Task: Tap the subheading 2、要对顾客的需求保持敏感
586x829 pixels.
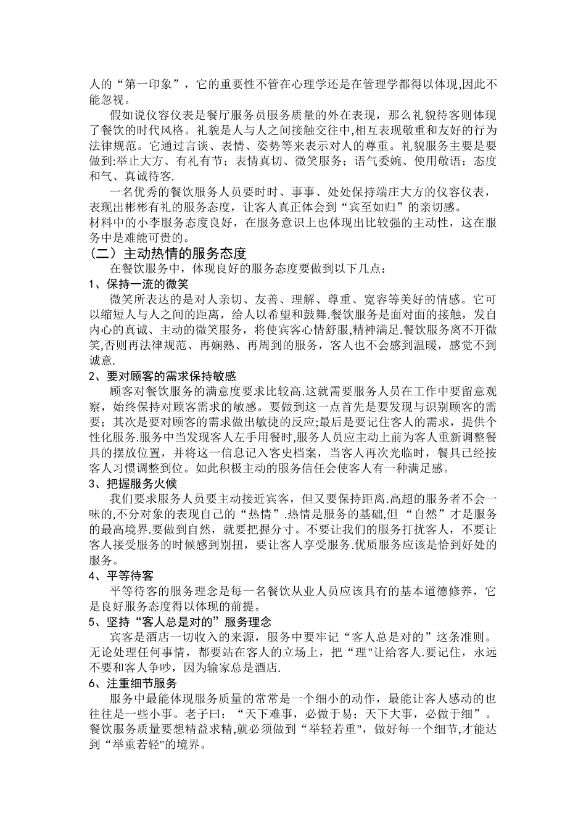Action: (x=163, y=376)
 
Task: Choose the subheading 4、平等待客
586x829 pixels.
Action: (x=121, y=575)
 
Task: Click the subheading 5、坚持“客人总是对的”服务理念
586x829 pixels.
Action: (x=180, y=621)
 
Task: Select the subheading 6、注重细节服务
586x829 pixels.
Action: (x=133, y=683)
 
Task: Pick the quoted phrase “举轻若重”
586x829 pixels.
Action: (x=334, y=729)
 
